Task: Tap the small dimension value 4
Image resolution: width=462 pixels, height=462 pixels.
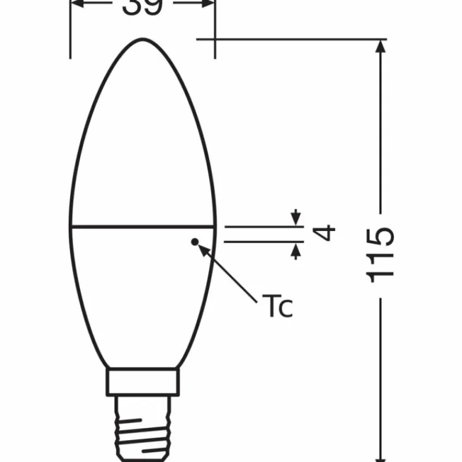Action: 326,233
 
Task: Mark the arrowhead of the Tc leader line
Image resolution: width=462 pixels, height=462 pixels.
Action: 202,248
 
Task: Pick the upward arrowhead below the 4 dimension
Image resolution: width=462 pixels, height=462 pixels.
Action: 296,249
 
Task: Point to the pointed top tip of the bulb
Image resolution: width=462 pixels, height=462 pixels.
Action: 143,39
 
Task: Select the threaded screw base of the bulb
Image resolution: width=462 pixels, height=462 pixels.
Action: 143,427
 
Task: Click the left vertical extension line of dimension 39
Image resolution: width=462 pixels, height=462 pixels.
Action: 70,35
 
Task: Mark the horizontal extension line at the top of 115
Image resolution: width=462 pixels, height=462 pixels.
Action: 289,39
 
